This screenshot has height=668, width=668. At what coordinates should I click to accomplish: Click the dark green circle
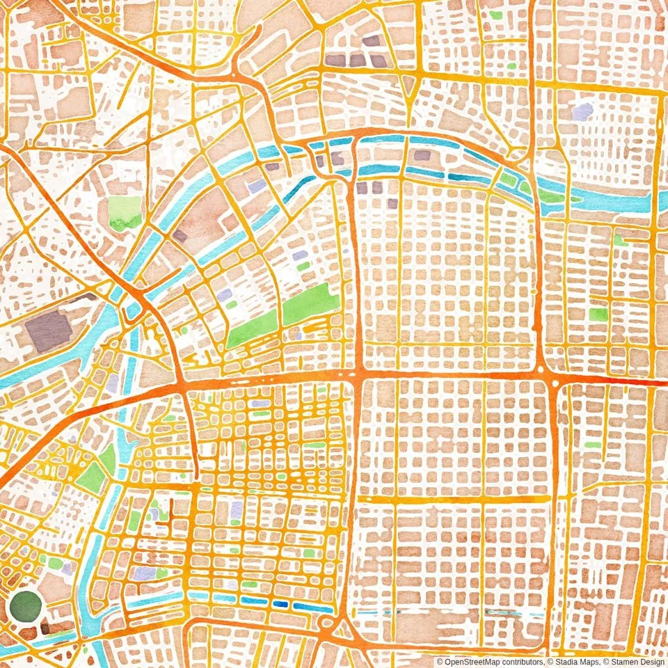pos(26,606)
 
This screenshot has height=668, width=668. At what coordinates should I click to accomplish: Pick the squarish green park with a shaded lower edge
pos(125,213)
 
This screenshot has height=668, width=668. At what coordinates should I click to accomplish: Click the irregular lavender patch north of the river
pos(582,111)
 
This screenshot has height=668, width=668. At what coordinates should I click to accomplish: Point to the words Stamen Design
pos(636,662)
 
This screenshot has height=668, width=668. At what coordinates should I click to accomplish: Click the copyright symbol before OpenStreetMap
pos(440,662)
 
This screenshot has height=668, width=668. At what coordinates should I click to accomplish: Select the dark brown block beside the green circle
pos(54,628)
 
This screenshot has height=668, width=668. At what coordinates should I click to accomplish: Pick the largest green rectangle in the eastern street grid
pos(598,314)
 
